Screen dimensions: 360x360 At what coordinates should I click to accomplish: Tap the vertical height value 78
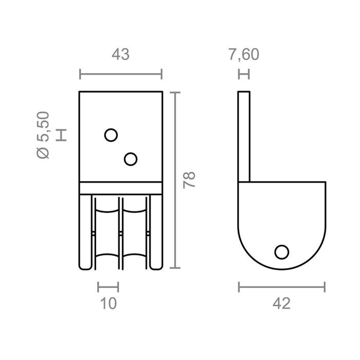[190, 180]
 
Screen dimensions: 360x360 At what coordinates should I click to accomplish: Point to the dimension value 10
[108, 303]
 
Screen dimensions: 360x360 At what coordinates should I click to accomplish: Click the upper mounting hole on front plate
[111, 135]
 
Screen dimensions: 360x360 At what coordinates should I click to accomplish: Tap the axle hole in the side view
[281, 251]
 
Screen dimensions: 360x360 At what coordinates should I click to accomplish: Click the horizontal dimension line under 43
[121, 74]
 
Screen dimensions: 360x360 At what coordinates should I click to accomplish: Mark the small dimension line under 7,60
[244, 74]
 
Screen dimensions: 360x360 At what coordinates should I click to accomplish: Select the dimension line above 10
[108, 286]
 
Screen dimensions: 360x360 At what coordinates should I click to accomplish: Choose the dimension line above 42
[281, 286]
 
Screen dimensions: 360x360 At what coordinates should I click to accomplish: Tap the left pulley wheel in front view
[106, 234]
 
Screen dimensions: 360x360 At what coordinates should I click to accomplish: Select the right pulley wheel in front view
[135, 234]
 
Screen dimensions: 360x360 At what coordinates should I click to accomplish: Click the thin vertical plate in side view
[244, 136]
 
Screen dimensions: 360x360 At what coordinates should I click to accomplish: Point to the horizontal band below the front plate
[121, 188]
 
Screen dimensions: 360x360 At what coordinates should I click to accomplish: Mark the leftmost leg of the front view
[85, 231]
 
